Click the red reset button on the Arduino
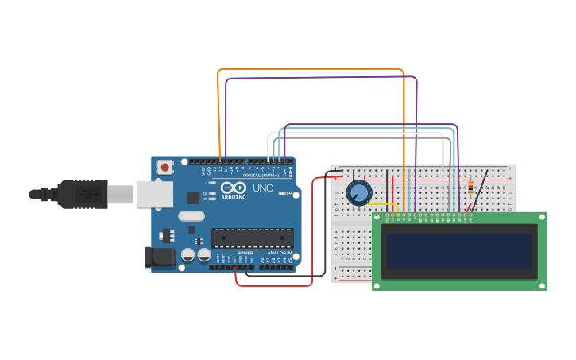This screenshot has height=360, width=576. tap(165, 167)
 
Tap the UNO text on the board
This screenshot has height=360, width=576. tap(263, 188)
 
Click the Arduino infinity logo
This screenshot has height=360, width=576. tap(233, 188)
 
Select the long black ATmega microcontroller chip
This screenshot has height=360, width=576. tap(252, 238)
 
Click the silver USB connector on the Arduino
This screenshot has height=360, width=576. tap(153, 194)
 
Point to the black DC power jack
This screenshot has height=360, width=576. tap(159, 257)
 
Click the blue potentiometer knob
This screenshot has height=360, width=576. tap(359, 192)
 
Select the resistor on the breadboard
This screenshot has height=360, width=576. tap(470, 188)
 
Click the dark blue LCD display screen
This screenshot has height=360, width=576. tap(459, 251)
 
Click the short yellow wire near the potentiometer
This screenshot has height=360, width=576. tap(381, 205)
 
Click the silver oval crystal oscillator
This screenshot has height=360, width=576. tap(191, 215)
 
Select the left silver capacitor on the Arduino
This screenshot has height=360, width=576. tap(188, 254)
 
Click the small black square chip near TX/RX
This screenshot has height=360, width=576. tap(193, 197)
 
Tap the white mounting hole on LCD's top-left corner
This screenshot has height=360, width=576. tap(377, 216)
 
